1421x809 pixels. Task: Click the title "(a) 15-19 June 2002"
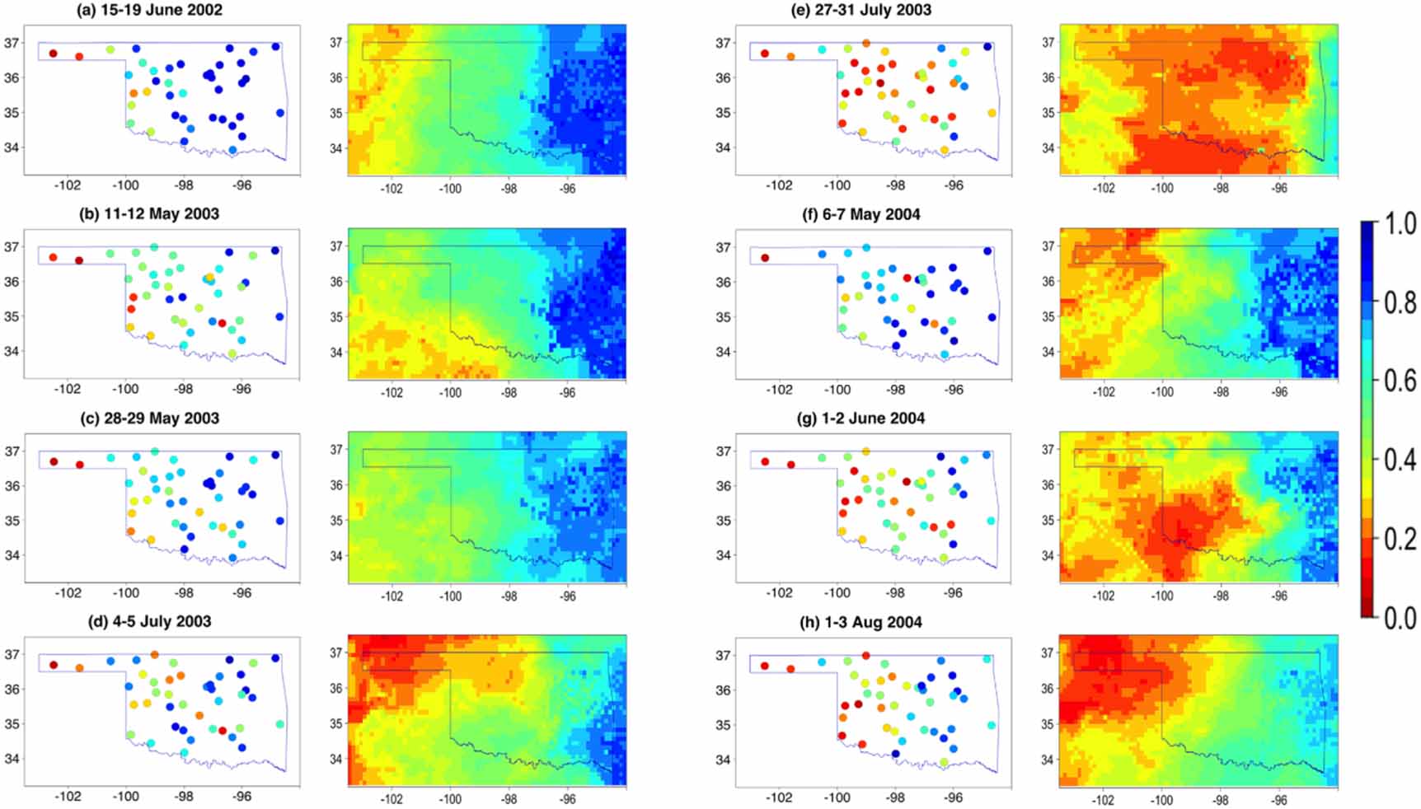click(x=161, y=10)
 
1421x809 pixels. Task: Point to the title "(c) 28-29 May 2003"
click(x=161, y=418)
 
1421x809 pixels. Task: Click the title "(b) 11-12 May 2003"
click(x=161, y=214)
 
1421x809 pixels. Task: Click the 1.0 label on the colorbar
click(x=1400, y=223)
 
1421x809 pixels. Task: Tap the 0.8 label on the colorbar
click(x=1400, y=302)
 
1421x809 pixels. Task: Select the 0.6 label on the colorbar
click(x=1400, y=381)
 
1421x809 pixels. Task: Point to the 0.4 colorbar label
click(x=1400, y=460)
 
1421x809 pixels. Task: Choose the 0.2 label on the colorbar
click(x=1400, y=539)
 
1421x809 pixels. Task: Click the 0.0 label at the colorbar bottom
click(x=1400, y=617)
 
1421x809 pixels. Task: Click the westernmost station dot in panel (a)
click(x=53, y=54)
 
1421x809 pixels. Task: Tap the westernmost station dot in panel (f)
click(x=765, y=258)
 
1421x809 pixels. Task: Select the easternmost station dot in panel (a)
click(x=280, y=113)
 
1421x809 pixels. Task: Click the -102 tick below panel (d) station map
click(x=68, y=797)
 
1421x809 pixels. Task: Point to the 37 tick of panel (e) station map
click(x=723, y=43)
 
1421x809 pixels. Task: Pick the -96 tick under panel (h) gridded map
click(x=1279, y=799)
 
